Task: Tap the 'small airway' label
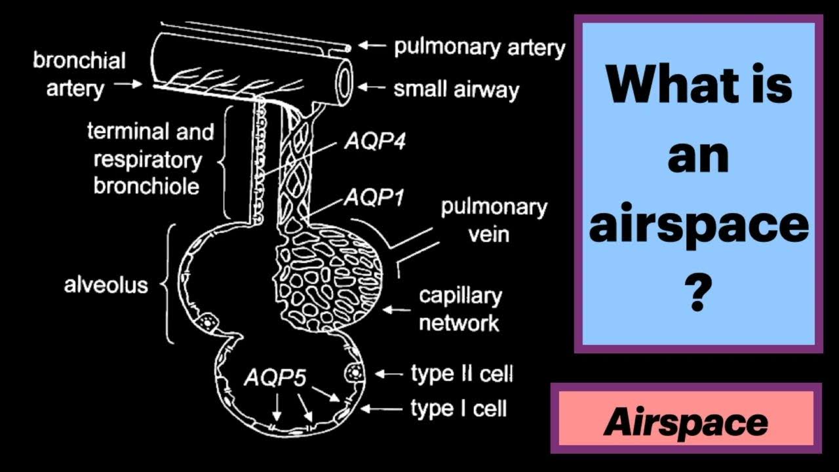(x=456, y=89)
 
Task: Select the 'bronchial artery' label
(x=79, y=75)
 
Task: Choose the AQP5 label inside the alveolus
(x=275, y=378)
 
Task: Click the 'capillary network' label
(x=459, y=309)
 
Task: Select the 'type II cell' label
(x=461, y=374)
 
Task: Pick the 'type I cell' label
(x=458, y=409)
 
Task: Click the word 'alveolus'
(x=106, y=285)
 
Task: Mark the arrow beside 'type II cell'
(x=389, y=374)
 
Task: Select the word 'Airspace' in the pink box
(x=686, y=423)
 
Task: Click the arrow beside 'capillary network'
(x=398, y=308)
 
